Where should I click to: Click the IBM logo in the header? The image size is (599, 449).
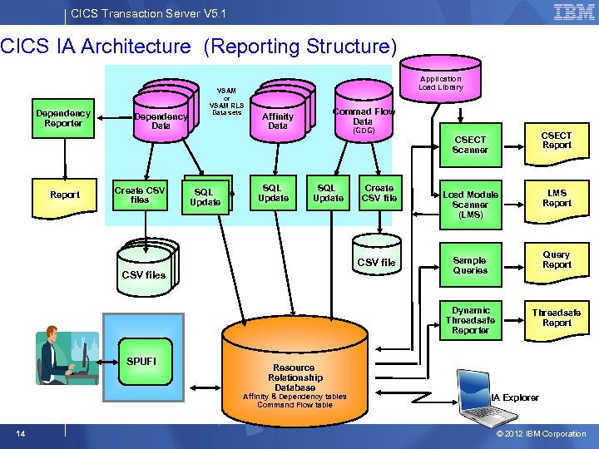574,12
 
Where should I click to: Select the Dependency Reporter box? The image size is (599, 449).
63,118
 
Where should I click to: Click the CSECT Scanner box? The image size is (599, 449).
470,145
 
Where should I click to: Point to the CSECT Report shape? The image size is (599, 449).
557,141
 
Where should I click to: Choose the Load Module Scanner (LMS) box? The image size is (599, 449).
470,205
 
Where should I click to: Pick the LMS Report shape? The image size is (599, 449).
557,199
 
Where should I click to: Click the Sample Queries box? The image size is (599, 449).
470,265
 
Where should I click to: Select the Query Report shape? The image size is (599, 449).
557,260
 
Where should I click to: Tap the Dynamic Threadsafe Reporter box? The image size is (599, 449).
470,320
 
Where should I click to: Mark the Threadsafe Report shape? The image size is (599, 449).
557,318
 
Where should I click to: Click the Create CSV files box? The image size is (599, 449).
140,195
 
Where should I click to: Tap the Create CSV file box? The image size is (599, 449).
379,194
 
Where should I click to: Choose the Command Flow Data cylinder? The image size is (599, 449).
364,119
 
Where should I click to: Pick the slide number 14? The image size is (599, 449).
20,433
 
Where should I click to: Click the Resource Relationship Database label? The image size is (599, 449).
295,377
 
